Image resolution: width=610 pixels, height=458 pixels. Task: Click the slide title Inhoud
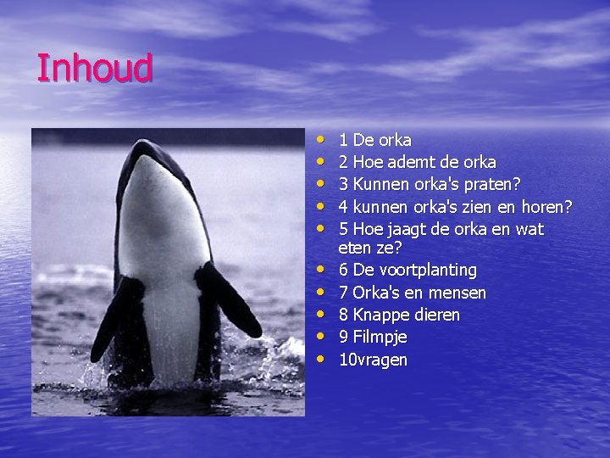click(93, 68)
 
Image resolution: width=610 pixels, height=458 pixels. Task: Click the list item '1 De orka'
click(374, 140)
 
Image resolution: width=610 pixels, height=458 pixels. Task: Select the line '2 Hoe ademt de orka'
click(417, 162)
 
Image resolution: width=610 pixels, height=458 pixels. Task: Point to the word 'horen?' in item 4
click(546, 207)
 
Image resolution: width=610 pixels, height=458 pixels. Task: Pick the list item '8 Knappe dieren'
click(399, 315)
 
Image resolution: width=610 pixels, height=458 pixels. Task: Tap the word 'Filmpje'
click(380, 337)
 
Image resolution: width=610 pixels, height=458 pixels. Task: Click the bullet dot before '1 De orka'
click(320, 137)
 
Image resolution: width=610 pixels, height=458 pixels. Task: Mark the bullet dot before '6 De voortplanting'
click(320, 270)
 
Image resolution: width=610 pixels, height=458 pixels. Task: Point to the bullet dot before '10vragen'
click(320, 359)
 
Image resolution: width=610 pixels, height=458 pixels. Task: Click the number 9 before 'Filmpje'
click(343, 337)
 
